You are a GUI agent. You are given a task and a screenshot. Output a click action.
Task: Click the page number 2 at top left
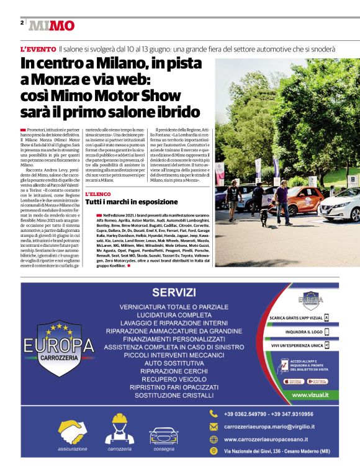[x=22, y=22]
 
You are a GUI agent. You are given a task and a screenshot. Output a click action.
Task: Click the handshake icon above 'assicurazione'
[x=73, y=432]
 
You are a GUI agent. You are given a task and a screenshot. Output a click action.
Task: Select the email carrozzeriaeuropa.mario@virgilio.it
[x=269, y=427]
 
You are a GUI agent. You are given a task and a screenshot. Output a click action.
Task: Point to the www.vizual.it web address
[x=310, y=394]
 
